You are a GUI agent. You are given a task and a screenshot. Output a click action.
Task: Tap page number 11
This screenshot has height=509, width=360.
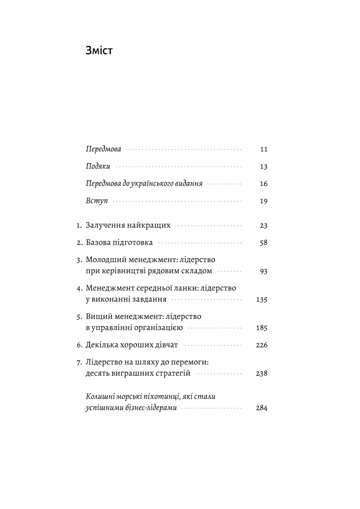[x=263, y=149]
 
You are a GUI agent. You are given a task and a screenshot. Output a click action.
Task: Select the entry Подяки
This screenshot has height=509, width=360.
[x=98, y=167]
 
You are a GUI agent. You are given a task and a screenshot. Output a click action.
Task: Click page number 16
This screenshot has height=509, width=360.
[x=263, y=184]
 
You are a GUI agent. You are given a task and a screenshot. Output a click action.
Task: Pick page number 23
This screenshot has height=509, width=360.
[x=263, y=226]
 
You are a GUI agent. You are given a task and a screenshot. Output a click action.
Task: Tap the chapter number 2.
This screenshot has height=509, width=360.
[x=79, y=243]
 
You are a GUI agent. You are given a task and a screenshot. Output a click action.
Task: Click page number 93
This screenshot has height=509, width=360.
[x=263, y=271]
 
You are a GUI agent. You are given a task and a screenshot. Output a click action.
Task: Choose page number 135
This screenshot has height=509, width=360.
[x=262, y=300]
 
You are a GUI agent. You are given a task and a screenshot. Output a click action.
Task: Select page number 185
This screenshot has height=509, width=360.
[x=262, y=328]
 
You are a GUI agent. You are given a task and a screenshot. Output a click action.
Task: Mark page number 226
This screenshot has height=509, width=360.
[x=262, y=345]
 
